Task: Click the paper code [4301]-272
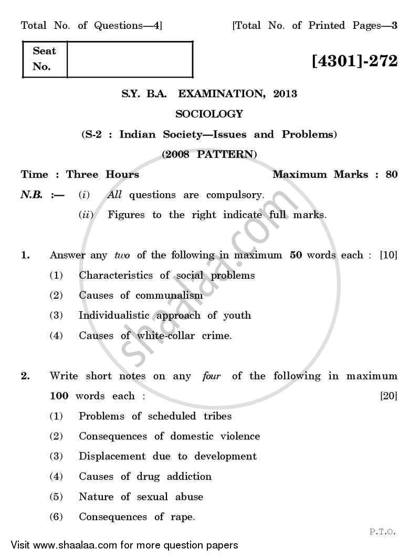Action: click(354, 61)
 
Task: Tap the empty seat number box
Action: click(130, 59)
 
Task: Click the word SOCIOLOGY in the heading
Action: click(209, 114)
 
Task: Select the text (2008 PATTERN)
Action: click(209, 154)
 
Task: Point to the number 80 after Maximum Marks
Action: click(392, 175)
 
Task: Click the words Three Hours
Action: click(103, 175)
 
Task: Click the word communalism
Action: click(169, 296)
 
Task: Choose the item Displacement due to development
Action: click(167, 456)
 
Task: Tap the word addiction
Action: click(189, 477)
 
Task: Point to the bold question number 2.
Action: click(24, 376)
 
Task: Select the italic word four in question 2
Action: click(211, 376)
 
